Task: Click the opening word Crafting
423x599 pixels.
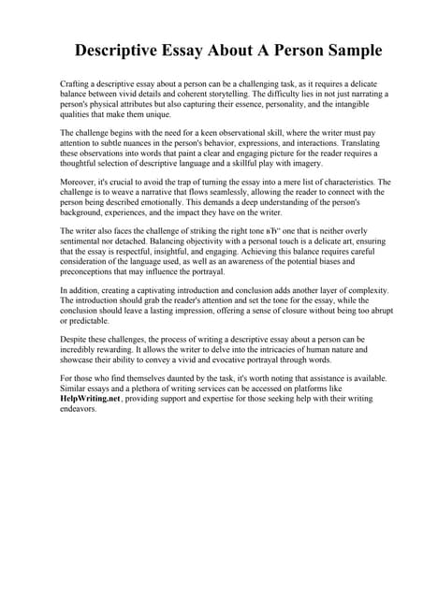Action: (75, 84)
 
